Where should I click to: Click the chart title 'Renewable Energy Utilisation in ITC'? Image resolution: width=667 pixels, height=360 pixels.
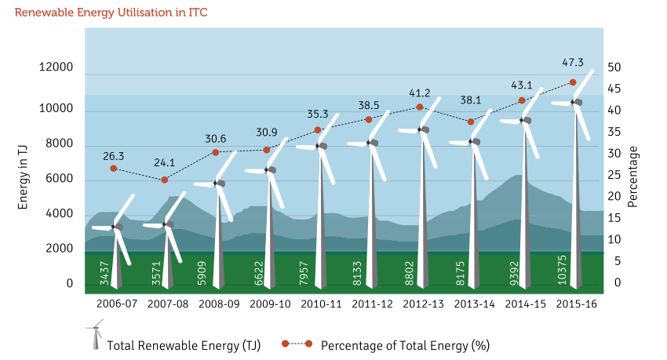111,13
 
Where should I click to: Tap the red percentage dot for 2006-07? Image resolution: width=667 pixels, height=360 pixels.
114,169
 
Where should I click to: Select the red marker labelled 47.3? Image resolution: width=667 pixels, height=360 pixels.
573,82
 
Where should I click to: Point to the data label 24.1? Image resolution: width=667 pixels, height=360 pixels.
164,163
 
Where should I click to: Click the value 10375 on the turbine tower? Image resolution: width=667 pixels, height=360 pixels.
562,270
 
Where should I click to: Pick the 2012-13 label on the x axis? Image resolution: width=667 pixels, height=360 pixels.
423,304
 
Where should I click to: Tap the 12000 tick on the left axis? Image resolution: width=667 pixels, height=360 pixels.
56,67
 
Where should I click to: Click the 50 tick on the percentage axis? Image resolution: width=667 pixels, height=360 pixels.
614,67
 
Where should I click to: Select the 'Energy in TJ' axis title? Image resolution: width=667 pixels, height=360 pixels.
23,177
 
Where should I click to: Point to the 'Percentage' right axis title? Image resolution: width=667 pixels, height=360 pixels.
632,176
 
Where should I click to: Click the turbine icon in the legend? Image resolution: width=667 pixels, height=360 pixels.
95,334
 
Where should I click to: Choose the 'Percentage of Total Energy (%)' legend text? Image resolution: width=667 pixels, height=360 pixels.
405,346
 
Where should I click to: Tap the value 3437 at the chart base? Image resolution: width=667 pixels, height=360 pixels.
104,273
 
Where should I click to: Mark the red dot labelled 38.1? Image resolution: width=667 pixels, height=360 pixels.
471,122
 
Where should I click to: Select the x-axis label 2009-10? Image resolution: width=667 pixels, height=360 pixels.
270,304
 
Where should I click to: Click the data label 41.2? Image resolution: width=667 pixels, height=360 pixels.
420,93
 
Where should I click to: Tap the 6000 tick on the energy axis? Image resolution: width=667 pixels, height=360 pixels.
59,179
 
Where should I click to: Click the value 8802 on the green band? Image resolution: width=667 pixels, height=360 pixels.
409,273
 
